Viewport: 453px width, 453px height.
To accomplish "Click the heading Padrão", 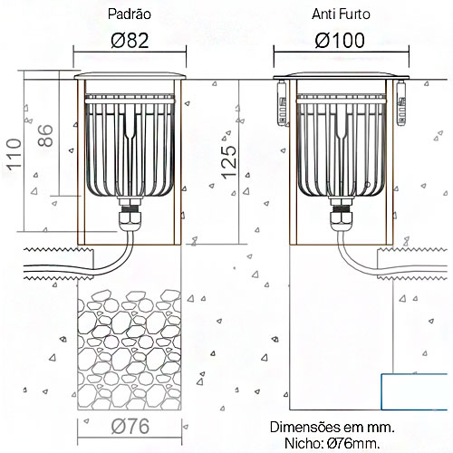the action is (x=130, y=14).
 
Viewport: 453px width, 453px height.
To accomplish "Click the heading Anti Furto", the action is (x=341, y=14).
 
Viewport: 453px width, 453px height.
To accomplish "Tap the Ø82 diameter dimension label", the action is (x=130, y=41).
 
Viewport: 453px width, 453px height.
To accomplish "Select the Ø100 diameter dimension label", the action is (x=340, y=41).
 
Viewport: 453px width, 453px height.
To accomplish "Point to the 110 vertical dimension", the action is (x=14, y=154).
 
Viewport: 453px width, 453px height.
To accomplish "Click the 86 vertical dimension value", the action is (x=45, y=136).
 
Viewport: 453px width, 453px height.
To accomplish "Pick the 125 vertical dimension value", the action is (x=229, y=162).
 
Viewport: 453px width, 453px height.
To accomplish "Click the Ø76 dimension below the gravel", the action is (x=130, y=426).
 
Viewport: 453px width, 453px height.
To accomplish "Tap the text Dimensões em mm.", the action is (x=333, y=428).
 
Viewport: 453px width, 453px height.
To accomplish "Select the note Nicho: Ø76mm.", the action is (x=333, y=443).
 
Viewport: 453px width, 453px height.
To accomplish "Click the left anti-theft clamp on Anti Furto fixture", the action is (x=282, y=103).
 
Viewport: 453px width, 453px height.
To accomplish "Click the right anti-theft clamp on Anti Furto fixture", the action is (x=401, y=103).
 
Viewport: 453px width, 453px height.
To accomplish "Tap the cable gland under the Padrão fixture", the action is (x=130, y=216).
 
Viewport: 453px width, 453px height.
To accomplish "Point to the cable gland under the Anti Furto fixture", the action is (x=342, y=216).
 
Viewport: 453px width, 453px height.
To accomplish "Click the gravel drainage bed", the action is (x=130, y=350).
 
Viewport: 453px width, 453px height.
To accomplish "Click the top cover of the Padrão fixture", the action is (x=130, y=75).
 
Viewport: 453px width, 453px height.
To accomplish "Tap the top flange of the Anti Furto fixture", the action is (x=342, y=76).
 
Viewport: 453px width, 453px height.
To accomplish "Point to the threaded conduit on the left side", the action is (x=59, y=264).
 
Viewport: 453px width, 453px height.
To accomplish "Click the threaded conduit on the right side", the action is (x=412, y=264).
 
